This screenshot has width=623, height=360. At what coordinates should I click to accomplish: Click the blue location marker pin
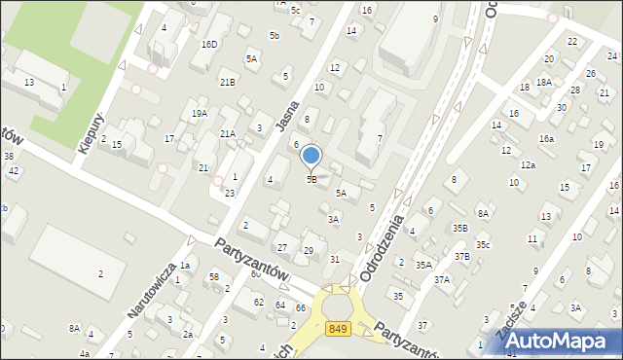[x=311, y=157]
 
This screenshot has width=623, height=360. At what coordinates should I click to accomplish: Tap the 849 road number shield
[x=339, y=331]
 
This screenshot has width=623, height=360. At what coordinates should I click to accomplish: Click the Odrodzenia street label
[x=382, y=248]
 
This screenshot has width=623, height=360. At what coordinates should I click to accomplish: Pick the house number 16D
[x=209, y=45]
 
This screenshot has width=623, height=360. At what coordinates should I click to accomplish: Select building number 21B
[x=227, y=82]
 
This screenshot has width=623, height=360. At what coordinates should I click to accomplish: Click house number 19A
[x=200, y=114]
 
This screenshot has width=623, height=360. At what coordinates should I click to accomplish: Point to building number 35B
[x=460, y=228]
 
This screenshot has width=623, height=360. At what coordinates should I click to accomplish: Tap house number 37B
[x=461, y=256]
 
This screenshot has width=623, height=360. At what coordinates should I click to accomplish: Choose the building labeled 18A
[x=543, y=83]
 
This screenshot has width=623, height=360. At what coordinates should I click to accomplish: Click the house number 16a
[x=547, y=139]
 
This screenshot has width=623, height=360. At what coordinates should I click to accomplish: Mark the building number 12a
[x=528, y=165]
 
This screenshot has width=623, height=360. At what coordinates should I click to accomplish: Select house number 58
[x=213, y=277]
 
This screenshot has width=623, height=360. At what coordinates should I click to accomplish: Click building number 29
[x=309, y=251]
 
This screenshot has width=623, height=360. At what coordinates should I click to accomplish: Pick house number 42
[x=14, y=170]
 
